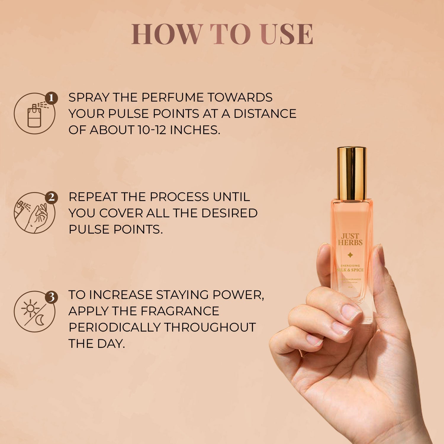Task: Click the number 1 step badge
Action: pos(51,98)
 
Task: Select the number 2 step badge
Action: pos(51,197)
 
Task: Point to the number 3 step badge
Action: pos(51,297)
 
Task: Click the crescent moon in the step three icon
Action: pos(40,320)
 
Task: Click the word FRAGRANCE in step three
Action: pos(180,311)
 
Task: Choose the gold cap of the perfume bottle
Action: pos(351,173)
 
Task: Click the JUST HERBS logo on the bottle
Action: pos(350,239)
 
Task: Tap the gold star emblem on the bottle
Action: pos(350,255)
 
